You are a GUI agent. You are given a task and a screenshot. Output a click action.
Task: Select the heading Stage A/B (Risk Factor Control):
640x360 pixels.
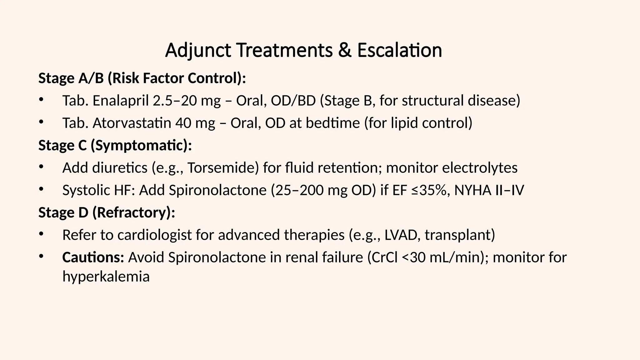pyautogui.click(x=142, y=78)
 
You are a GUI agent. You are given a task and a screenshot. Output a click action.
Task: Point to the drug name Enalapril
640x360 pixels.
pyautogui.click(x=121, y=101)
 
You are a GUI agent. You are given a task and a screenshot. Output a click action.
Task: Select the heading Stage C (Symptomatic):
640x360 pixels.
pyautogui.click(x=115, y=146)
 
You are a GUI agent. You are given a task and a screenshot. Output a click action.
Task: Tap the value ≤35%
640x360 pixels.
pyautogui.click(x=431, y=190)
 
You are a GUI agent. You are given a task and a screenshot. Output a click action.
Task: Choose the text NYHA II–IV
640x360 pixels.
pyautogui.click(x=489, y=190)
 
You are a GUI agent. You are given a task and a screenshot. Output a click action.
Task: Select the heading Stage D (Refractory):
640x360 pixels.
pyautogui.click(x=107, y=213)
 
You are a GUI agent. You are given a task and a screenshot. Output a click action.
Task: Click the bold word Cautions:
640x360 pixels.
pyautogui.click(x=93, y=257)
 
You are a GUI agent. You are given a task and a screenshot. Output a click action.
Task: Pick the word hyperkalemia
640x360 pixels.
pyautogui.click(x=106, y=277)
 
